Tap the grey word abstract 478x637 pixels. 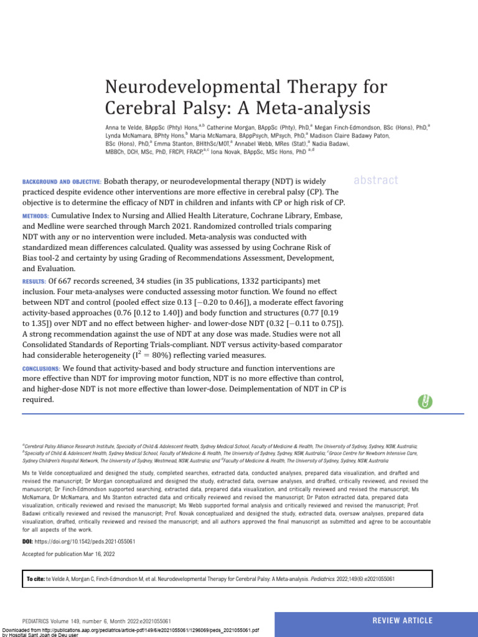pos(375,180)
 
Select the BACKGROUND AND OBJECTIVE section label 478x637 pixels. pos(60,181)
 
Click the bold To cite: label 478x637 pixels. pos(35,579)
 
